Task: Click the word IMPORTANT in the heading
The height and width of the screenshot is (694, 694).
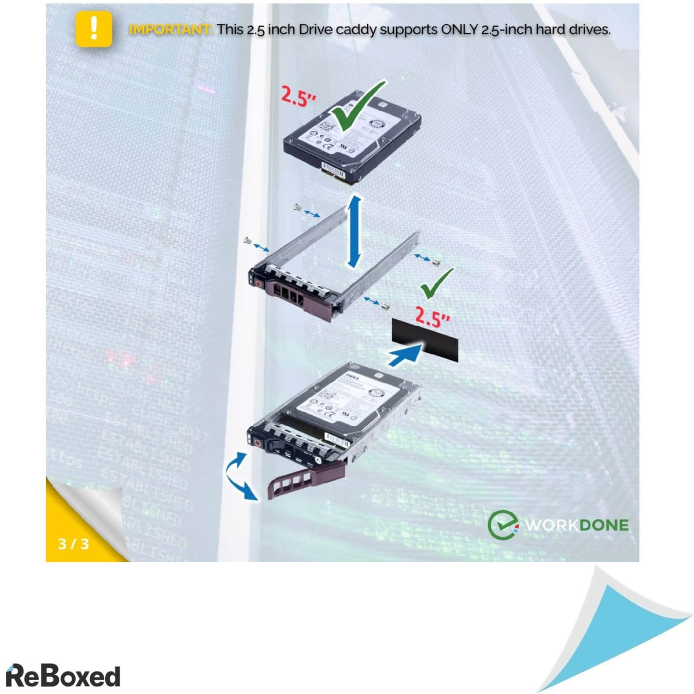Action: pos(171,29)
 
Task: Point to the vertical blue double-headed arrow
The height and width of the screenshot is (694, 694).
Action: pos(355,231)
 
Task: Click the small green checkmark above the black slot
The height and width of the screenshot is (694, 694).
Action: pos(436,283)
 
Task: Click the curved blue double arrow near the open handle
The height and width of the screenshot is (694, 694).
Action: pos(239,476)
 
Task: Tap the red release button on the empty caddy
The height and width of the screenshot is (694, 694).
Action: pos(259,284)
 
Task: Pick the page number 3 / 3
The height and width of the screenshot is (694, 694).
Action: pos(73,544)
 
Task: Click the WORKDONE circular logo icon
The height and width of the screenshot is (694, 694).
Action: pos(501,525)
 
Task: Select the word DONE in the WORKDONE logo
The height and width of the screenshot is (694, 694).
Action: pos(603,525)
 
